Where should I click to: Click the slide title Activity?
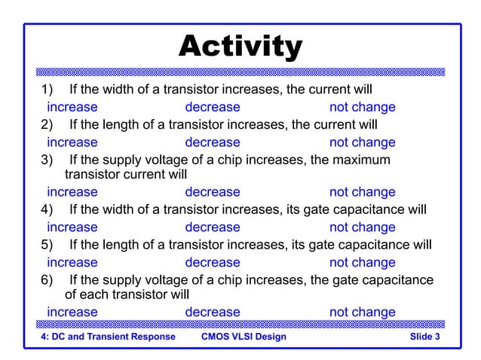point(240,47)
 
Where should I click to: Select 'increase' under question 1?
point(72,107)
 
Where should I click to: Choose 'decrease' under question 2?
point(212,142)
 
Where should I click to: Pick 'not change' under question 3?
point(362,192)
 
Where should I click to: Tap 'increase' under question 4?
point(72,227)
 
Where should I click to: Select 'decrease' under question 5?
point(212,262)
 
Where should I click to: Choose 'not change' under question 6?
point(362,312)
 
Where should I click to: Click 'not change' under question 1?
point(362,107)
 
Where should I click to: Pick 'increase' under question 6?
point(72,312)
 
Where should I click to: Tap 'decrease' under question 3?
point(212,192)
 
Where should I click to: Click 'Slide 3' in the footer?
point(424,336)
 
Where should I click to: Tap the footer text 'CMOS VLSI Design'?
point(244,336)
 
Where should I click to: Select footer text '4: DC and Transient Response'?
point(108,336)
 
